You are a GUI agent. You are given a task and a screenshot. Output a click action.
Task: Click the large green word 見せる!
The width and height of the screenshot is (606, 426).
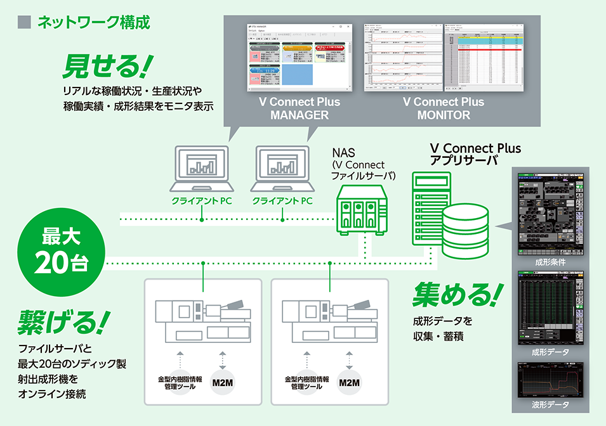coord(108,65)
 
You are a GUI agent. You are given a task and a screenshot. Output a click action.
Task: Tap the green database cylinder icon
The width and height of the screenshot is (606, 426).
coord(466,227)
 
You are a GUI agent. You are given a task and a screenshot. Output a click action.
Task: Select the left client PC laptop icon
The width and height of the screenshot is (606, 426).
coord(201,168)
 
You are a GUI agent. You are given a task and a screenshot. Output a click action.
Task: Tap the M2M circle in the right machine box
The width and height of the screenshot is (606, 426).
coord(349,383)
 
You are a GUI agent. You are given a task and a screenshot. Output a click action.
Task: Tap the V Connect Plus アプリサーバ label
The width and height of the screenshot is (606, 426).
coord(475,155)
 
